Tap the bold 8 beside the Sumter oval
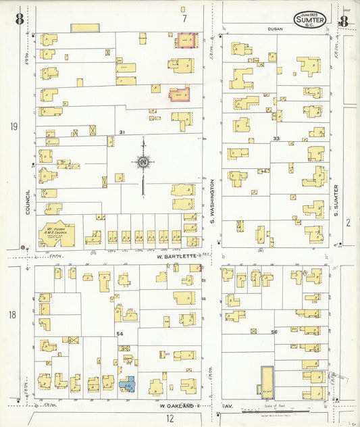click(344, 20)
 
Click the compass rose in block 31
click(143, 162)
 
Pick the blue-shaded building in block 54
click(127, 384)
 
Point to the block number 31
click(122, 132)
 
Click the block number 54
click(120, 334)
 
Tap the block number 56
click(274, 332)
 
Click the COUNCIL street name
click(28, 203)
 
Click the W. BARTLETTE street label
click(176, 256)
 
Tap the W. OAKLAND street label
click(176, 405)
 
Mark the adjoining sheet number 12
click(170, 418)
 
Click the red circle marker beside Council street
click(23, 248)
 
